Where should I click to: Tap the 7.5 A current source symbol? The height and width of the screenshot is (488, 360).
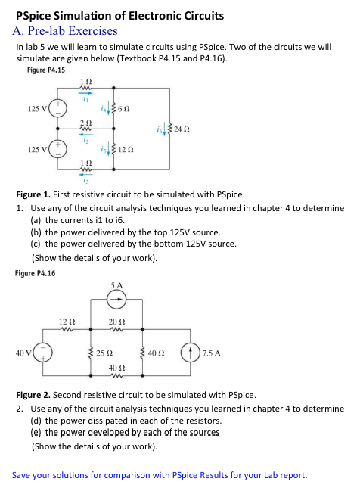(188, 353)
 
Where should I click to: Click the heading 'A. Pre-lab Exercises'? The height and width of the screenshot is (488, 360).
(66, 31)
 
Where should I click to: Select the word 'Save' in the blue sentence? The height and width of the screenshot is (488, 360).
(22, 475)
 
